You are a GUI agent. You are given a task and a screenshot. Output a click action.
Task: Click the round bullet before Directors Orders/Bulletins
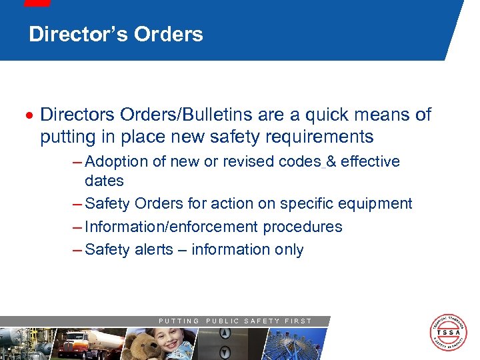click(30, 116)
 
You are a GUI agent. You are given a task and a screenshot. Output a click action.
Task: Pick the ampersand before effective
click(331, 162)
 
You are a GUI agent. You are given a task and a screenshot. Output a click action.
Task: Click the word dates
click(104, 181)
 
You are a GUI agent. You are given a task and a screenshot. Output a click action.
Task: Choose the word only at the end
click(288, 250)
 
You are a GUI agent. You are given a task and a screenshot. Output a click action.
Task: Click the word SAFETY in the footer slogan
click(261, 321)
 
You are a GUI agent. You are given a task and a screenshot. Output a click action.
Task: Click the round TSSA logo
click(447, 331)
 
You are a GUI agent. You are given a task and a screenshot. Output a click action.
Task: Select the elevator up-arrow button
click(225, 335)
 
